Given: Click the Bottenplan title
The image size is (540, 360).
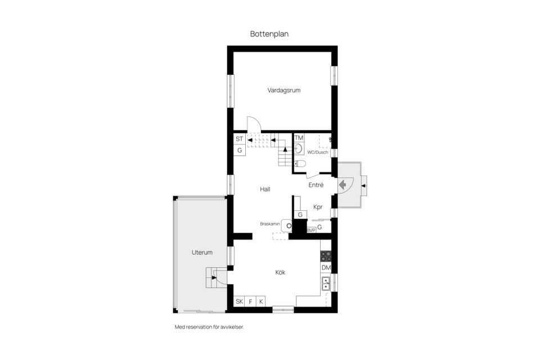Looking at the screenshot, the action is click(x=269, y=34).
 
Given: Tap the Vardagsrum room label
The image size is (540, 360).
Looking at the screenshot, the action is click(x=283, y=90).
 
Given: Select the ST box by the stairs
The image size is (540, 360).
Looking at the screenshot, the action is click(x=240, y=139).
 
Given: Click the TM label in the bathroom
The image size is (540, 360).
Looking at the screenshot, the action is click(x=299, y=138).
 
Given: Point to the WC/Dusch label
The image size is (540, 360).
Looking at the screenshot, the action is click(x=317, y=152).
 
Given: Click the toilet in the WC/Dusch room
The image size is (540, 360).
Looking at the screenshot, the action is click(x=300, y=163).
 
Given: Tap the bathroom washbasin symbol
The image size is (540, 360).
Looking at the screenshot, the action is click(x=299, y=149).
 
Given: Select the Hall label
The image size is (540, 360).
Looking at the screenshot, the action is click(x=265, y=189).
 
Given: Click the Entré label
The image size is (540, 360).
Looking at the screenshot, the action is click(x=316, y=185).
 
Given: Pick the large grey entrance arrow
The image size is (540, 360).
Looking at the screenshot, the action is click(x=343, y=185).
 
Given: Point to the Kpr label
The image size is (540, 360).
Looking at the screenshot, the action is click(x=318, y=207).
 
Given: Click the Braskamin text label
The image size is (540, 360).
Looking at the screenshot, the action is click(x=270, y=224).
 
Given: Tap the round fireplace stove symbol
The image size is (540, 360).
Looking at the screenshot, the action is click(x=289, y=226).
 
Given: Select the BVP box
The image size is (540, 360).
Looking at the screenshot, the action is click(x=311, y=230).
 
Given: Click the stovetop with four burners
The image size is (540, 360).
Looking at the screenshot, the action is click(x=326, y=256).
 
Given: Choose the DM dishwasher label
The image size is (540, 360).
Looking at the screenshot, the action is click(x=326, y=268).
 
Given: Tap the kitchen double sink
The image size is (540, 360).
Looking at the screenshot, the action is click(x=326, y=283).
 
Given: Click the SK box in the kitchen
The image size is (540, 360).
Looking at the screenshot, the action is click(x=240, y=301).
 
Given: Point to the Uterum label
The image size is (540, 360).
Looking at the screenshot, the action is click(x=202, y=253).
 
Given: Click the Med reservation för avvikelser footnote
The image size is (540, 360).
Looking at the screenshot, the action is click(x=209, y=327).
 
